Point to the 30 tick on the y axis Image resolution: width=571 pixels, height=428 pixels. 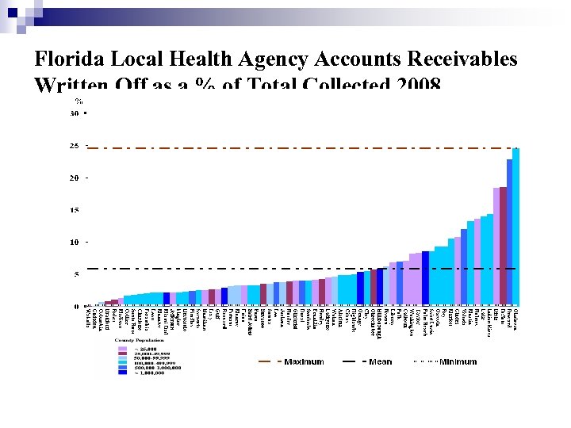pos(74,114)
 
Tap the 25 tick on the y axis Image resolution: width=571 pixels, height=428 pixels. pos(74,147)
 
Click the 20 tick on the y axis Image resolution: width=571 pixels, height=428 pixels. pos(74,178)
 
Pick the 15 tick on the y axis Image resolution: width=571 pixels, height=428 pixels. pos(74,210)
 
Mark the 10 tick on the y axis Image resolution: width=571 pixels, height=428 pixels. pos(74,242)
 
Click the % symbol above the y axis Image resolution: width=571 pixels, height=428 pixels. pos(79,101)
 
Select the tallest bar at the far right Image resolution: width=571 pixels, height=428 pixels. pos(515,226)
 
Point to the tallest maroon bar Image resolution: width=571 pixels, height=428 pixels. pos(503,246)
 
